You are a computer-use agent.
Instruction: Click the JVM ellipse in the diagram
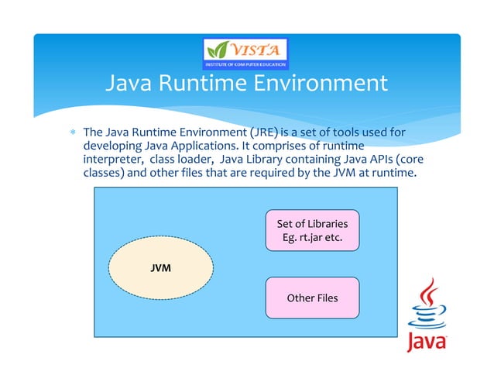click(161, 267)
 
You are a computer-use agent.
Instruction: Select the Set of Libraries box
click(312, 230)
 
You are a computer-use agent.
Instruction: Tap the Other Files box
click(312, 298)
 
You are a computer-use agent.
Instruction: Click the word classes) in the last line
click(104, 173)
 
